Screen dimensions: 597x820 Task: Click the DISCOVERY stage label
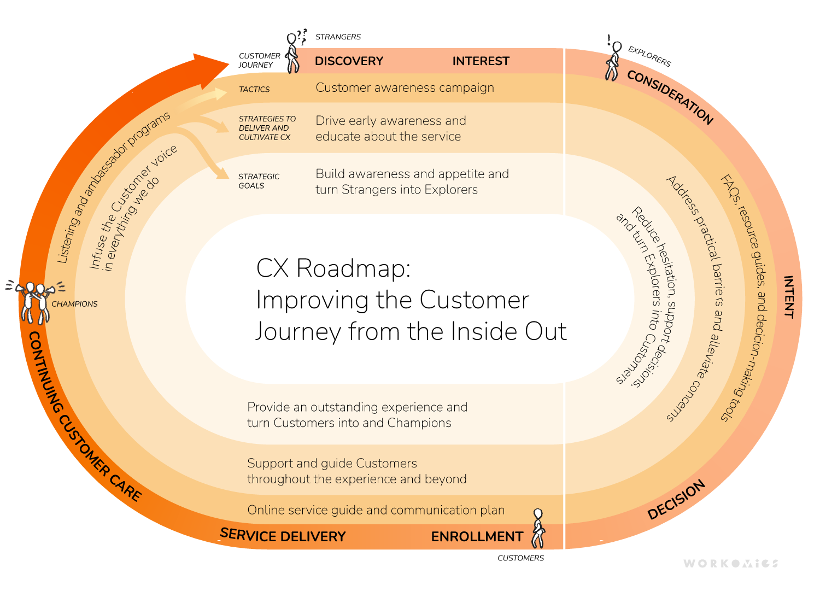coord(349,61)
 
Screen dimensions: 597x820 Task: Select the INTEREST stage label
coord(481,61)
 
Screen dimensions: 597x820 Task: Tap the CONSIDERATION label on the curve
coord(670,97)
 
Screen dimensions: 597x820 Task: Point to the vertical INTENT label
coord(788,297)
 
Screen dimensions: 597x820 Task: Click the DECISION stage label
coord(676,500)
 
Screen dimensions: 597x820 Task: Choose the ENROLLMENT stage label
coord(477,537)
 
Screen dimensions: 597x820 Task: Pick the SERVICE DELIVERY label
coord(283,536)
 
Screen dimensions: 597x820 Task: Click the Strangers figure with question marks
coord(294,53)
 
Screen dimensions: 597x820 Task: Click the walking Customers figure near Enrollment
coord(538,528)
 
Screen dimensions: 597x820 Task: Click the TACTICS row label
coord(254,89)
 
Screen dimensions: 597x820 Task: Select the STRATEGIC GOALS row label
coord(259,181)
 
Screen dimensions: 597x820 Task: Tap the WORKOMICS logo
coord(730,563)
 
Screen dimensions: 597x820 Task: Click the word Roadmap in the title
coord(353,268)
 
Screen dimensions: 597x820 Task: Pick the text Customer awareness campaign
coord(405,88)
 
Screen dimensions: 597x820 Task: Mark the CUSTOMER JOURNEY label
coord(259,60)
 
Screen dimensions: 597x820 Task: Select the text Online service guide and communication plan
coord(376,510)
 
